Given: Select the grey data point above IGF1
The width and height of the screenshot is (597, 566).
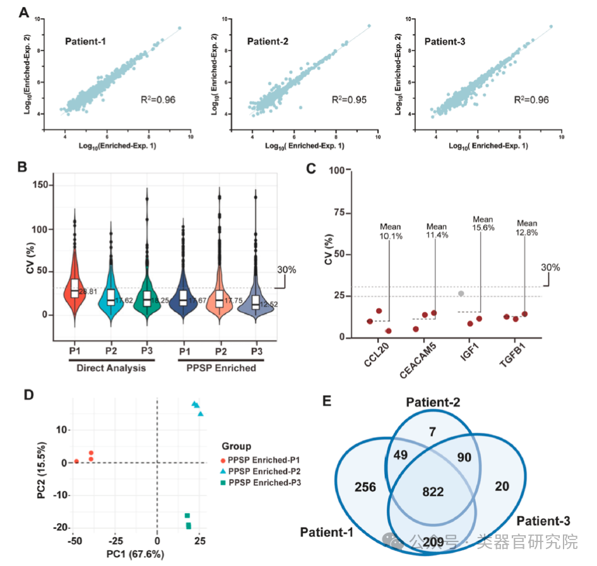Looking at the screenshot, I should (x=461, y=293).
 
